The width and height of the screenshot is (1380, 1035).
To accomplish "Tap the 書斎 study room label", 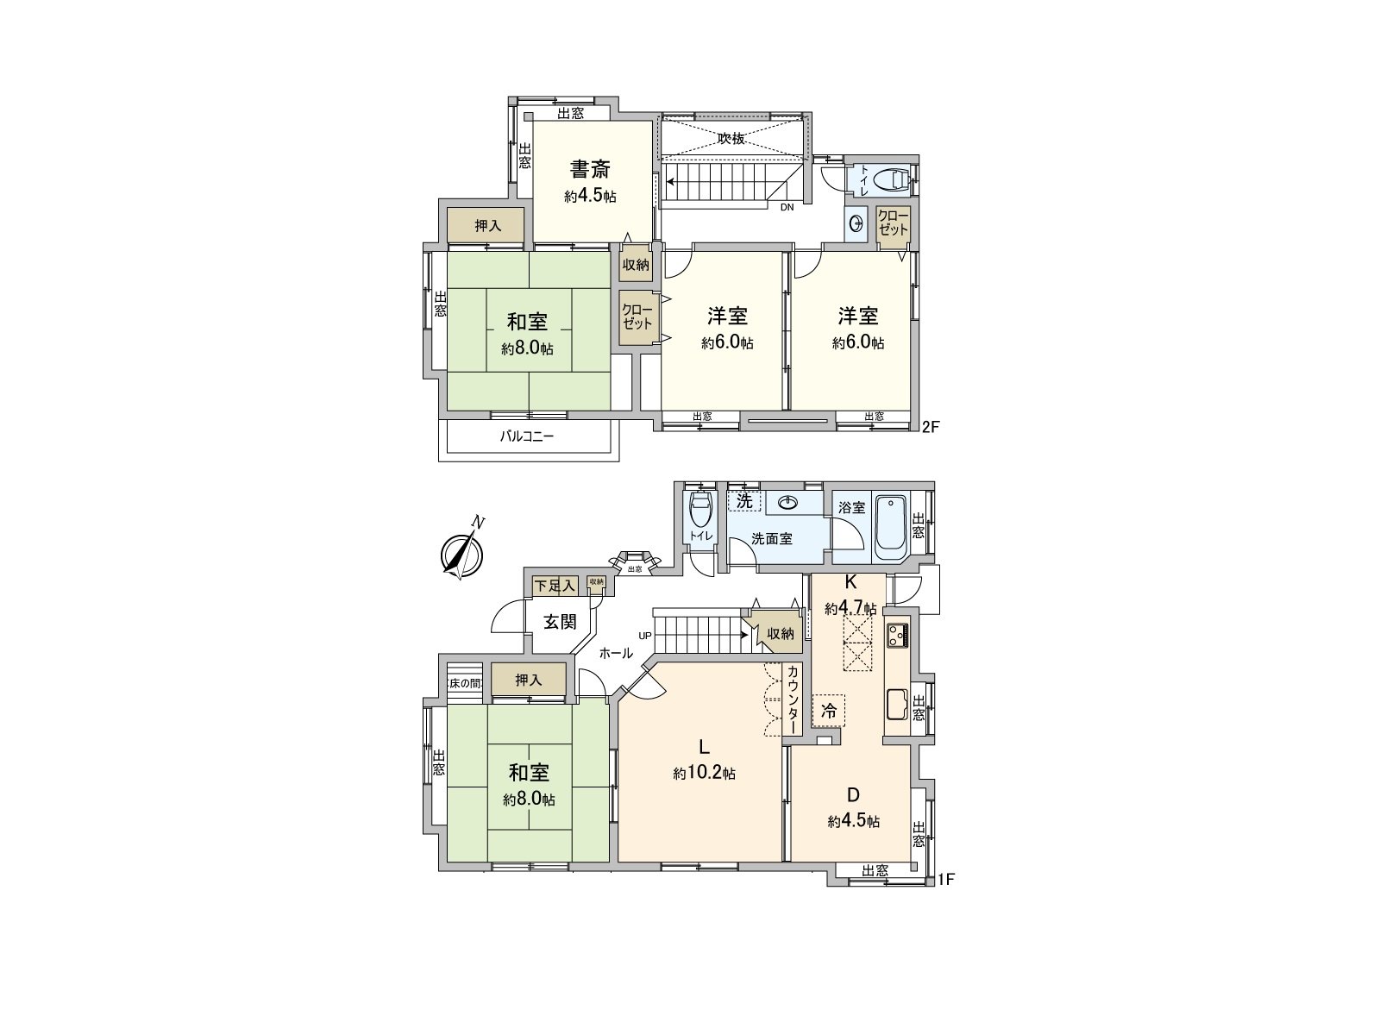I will (x=590, y=169).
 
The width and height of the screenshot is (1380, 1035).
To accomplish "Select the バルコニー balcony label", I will (x=527, y=436).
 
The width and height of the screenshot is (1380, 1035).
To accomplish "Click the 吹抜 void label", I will (x=731, y=138).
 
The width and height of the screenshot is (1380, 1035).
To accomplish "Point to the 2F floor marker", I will (x=931, y=426).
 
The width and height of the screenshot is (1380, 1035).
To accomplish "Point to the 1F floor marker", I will (x=945, y=880).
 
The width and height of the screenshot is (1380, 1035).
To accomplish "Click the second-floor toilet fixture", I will (x=892, y=180).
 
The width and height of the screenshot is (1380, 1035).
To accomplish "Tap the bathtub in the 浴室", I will (x=889, y=527).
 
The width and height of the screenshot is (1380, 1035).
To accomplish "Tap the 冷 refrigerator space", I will (x=829, y=712).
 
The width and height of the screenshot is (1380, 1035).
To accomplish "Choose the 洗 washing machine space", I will (x=744, y=501).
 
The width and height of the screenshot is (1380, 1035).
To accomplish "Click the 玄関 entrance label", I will (x=560, y=621).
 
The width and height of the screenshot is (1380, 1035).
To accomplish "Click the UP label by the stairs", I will (x=645, y=636).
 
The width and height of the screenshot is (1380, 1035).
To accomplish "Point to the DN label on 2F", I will (x=787, y=207).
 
